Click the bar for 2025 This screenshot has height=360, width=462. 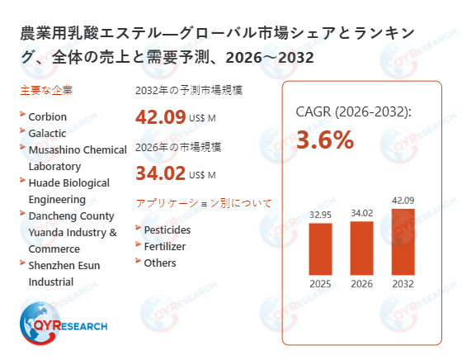point(319,250)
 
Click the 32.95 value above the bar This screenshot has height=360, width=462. point(319,215)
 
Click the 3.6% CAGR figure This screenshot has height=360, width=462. point(324,140)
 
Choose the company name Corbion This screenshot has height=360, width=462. point(48,116)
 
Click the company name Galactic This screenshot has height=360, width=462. point(48,132)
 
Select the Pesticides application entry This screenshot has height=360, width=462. point(167,230)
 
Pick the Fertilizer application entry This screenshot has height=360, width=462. point(165,246)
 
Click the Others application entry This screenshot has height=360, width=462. point(160,263)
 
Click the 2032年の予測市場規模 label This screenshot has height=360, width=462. point(188,91)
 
